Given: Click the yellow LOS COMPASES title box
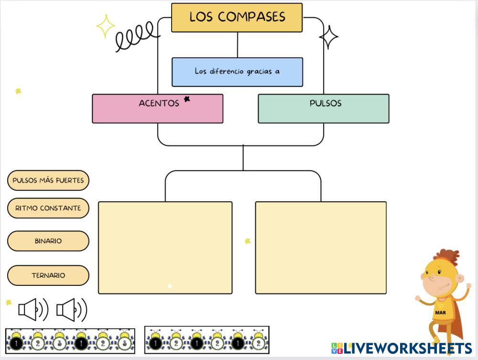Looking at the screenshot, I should tap(237, 18).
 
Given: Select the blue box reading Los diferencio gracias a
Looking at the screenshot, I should tap(237, 72).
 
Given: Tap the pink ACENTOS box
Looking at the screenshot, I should tap(157, 109).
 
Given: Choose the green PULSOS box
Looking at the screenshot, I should tap(323, 109).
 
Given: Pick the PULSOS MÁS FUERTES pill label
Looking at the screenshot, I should tap(48, 180).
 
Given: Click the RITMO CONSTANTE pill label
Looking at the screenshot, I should tap(48, 208).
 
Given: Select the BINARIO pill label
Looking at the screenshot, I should tap(48, 241).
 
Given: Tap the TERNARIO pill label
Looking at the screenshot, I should tap(48, 275).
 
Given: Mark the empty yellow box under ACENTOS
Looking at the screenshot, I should tap(165, 248).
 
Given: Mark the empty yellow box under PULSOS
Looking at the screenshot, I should tap(321, 248).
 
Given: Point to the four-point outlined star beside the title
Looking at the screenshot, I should tap(329, 37).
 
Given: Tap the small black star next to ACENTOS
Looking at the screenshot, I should tap(187, 99).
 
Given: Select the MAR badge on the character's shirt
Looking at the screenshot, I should tap(440, 313).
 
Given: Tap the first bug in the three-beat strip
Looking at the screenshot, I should tap(16, 341).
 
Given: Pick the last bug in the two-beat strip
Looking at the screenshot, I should tap(259, 341).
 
